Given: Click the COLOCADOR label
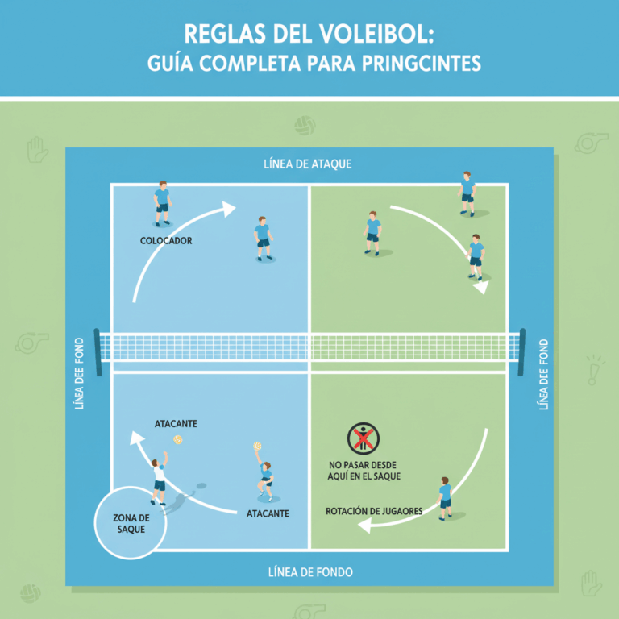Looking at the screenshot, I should click(x=166, y=240).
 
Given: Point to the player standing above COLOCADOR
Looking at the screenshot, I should click(x=162, y=202).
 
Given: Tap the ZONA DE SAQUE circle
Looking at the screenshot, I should click(x=131, y=522).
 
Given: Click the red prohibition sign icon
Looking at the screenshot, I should click(x=364, y=438).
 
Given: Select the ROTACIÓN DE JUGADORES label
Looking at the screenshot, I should click(x=374, y=511).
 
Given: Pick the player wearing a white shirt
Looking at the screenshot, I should click(x=159, y=481).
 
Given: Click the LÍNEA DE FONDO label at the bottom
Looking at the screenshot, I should click(x=309, y=572).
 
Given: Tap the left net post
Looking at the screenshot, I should click(x=98, y=352).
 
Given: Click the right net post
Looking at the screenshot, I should click(x=522, y=352).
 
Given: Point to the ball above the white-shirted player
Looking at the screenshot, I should click(x=178, y=439).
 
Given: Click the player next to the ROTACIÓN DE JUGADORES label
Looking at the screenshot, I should click(x=444, y=497).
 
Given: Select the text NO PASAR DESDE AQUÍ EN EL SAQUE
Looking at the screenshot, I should click(x=364, y=471).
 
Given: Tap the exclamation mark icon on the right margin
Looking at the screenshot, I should click(x=594, y=370).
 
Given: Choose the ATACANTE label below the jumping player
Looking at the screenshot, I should click(x=268, y=513).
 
